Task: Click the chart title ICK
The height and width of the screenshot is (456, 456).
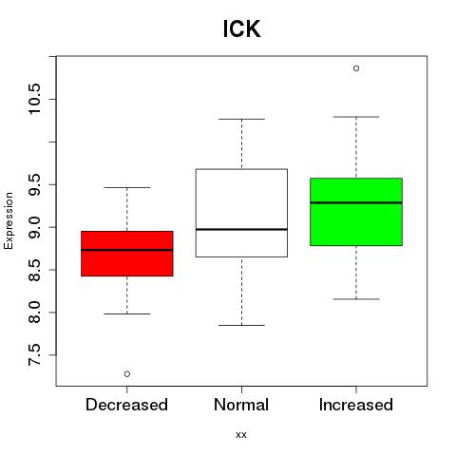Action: tap(241, 28)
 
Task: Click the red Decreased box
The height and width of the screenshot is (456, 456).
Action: tap(127, 254)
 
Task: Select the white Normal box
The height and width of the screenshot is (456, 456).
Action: tap(241, 213)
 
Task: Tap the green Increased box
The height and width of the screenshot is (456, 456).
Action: tap(356, 212)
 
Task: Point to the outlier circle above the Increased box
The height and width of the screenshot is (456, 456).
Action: tap(356, 68)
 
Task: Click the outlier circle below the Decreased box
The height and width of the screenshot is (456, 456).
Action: tap(127, 374)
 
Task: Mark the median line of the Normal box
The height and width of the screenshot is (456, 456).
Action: tap(241, 229)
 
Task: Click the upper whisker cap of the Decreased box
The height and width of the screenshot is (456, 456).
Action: tap(127, 187)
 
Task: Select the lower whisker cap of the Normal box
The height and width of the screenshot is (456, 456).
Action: tap(241, 325)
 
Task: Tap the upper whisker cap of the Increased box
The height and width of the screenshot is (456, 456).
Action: tap(356, 117)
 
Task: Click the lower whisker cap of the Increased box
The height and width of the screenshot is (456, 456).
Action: tap(356, 299)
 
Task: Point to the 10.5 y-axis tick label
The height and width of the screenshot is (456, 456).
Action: tap(34, 99)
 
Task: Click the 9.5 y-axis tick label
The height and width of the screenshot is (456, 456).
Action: tap(34, 184)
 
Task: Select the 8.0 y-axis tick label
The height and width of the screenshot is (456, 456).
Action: tap(34, 313)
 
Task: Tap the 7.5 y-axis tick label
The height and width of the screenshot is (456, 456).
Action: tap(34, 355)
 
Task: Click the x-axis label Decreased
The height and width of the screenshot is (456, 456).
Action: tap(126, 405)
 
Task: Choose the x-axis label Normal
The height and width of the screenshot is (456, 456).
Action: tap(241, 405)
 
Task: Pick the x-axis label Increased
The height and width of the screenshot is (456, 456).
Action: tap(356, 405)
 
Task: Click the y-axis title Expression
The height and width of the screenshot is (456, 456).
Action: tap(9, 220)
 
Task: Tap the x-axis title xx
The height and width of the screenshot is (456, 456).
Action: tap(241, 435)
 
